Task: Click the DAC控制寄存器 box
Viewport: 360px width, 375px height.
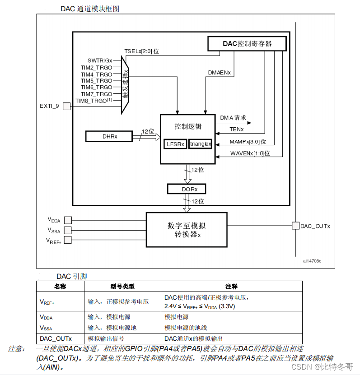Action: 247,44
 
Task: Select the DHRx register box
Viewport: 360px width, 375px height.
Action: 109,136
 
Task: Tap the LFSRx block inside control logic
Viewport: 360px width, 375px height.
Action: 175,144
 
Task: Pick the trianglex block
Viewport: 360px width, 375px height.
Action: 200,144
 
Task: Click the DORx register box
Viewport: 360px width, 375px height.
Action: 186,189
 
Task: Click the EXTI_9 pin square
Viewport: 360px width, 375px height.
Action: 66,106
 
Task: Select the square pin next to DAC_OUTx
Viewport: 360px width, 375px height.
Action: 295,226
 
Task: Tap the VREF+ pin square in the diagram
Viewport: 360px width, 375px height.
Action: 67,240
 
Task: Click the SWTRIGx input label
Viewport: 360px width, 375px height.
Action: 100,60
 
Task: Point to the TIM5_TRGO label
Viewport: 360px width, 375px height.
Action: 96,81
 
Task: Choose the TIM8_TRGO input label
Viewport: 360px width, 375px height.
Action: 94,101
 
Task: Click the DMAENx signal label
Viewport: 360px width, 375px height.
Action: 220,72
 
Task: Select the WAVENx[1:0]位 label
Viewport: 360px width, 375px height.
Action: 250,153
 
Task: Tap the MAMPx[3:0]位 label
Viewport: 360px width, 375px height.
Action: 248,142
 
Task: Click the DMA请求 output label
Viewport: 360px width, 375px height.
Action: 233,118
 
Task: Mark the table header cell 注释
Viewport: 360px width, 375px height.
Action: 231,287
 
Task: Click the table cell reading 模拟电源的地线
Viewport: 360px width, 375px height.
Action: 186,328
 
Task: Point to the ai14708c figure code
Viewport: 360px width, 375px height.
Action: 313,261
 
